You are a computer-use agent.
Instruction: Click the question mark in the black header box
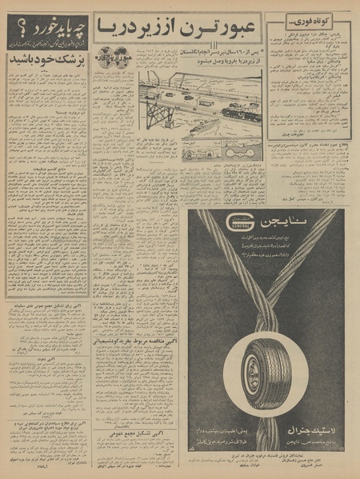[x=14, y=31]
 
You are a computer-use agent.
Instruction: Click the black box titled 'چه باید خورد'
[x=45, y=37]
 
